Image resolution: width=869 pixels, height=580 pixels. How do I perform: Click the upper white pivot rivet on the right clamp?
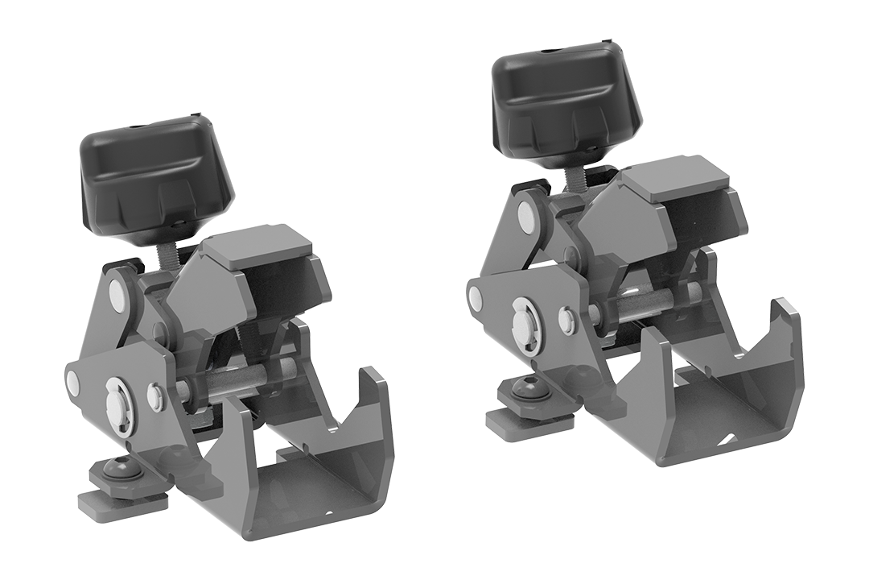point(527,213)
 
